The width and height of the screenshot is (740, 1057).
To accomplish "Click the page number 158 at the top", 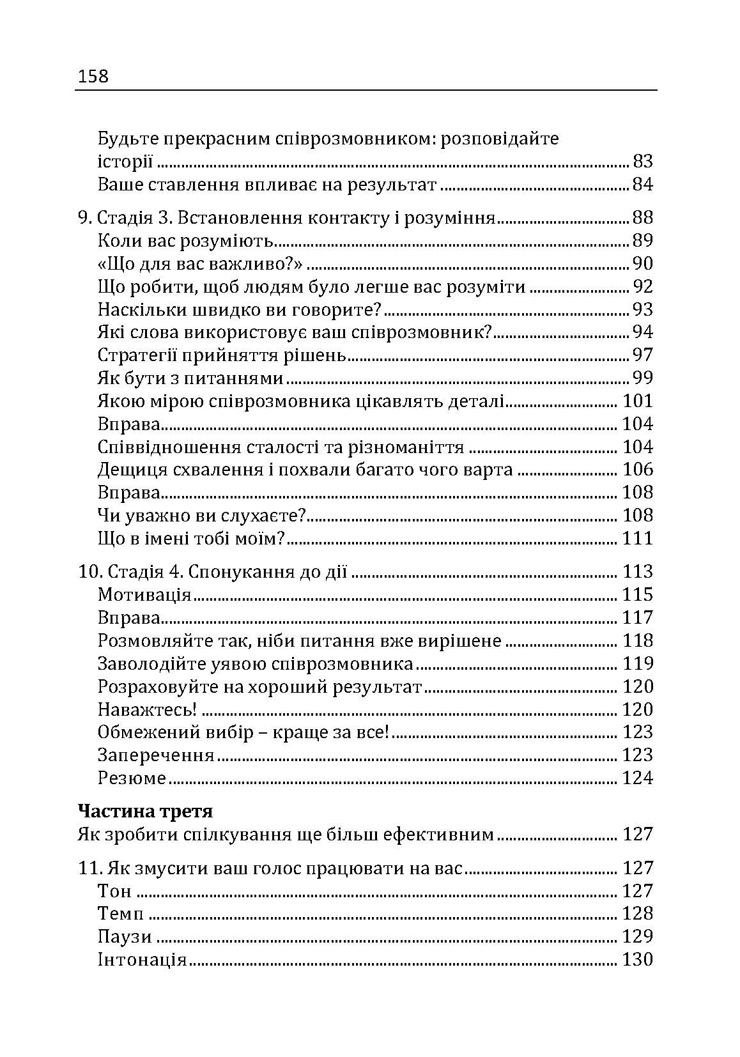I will click(x=93, y=77).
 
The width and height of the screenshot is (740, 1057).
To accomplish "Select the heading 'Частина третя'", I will click(x=145, y=812).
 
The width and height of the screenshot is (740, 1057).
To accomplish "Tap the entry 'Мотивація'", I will click(x=144, y=595).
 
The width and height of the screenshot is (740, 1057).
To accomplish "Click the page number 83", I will click(x=642, y=161).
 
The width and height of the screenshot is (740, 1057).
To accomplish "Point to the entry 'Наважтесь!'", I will click(x=147, y=709).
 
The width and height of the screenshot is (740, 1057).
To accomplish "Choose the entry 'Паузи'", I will click(x=125, y=937).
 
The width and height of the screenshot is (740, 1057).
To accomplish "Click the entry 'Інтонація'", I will click(x=142, y=960).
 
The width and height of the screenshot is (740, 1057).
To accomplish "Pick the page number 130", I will click(x=637, y=960).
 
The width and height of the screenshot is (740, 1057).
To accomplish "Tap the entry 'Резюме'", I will click(x=132, y=778).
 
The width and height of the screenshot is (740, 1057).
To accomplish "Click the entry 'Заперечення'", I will click(x=156, y=755).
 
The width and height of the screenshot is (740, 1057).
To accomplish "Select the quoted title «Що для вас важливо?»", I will click(x=200, y=263).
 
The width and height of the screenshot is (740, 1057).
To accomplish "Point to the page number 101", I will click(x=637, y=401).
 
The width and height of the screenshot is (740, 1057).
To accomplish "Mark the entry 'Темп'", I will click(x=121, y=914).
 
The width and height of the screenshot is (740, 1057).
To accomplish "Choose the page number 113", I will click(x=637, y=571).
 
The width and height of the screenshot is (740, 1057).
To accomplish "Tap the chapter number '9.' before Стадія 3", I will click(x=85, y=218).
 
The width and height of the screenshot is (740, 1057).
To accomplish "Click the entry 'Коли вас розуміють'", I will click(x=186, y=241).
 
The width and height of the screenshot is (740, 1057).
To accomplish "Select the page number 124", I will click(x=637, y=778).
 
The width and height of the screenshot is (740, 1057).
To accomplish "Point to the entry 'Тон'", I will click(x=114, y=891).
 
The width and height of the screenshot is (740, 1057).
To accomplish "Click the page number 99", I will click(x=642, y=378).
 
